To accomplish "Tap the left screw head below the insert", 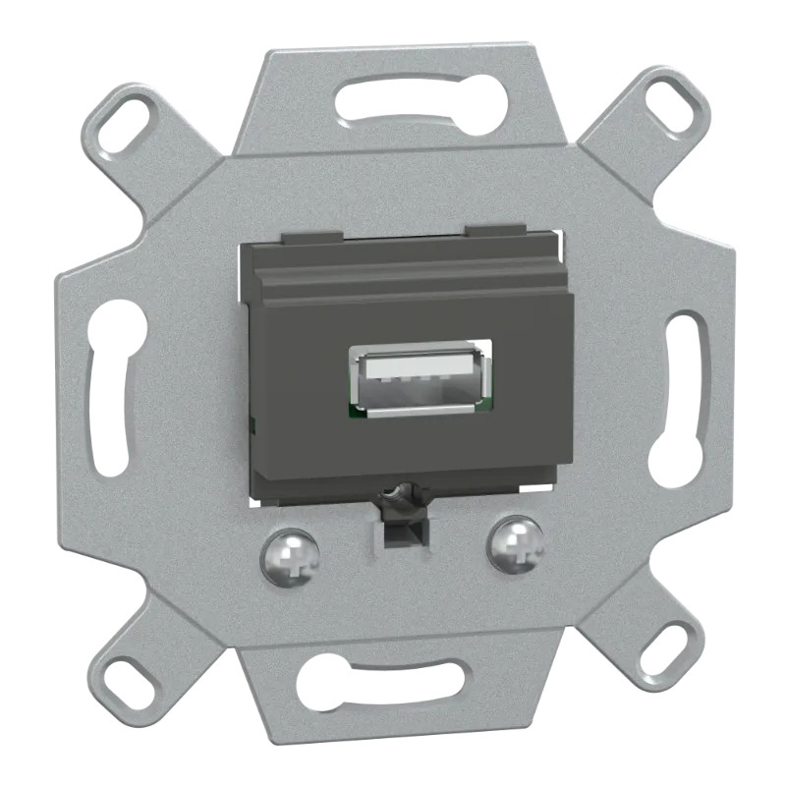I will pyautogui.click(x=290, y=557).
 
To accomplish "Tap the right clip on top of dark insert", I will pyautogui.click(x=497, y=232).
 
